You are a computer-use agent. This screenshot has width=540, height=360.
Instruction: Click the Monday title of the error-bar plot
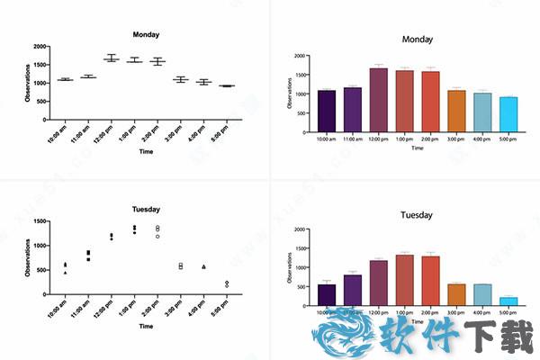coord(146,35)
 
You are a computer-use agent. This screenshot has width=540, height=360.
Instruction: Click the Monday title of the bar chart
coord(418,40)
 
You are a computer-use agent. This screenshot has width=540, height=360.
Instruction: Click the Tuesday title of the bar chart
coord(418,215)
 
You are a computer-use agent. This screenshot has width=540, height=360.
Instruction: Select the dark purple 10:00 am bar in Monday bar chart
coord(327,111)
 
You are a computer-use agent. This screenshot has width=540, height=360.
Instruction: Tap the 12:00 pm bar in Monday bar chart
coord(378,100)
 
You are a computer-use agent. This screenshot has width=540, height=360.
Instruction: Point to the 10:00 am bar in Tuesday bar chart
coord(327,295)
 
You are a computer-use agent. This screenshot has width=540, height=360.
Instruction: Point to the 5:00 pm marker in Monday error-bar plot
coord(226,85)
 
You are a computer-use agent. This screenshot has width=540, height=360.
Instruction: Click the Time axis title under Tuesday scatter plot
coord(146,327)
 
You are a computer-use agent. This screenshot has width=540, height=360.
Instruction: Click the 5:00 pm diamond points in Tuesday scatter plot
coord(226,283)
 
